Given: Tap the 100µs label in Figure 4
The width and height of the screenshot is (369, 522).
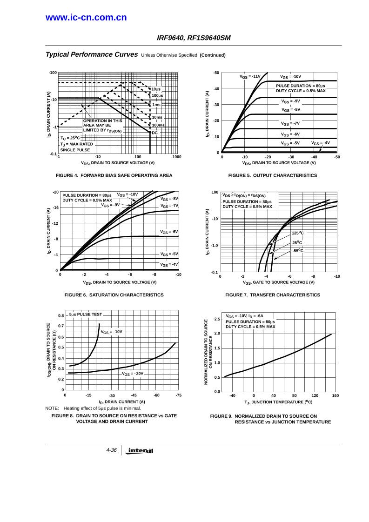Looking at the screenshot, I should (x=157, y=95).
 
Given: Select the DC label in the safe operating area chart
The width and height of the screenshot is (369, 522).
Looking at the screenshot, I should (x=155, y=133).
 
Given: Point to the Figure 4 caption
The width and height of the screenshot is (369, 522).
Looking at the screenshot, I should (x=114, y=175).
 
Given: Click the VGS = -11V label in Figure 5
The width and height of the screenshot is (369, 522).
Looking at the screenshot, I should (x=250, y=76).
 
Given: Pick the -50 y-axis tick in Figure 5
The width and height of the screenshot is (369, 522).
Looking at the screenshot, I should (x=216, y=73).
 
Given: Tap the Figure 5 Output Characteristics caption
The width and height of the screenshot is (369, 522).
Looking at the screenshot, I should (x=273, y=175).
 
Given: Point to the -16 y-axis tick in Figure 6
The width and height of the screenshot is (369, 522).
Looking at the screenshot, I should (x=55, y=207).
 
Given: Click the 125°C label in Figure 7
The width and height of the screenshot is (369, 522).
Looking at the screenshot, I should (x=298, y=233).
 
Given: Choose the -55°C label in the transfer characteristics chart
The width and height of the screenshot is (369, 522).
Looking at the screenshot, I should (x=298, y=251).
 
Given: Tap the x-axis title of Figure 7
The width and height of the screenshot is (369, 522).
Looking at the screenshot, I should (x=278, y=282).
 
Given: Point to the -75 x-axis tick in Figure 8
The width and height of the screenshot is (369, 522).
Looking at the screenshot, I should (x=178, y=395).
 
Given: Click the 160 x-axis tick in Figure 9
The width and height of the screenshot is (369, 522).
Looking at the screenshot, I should (x=335, y=395).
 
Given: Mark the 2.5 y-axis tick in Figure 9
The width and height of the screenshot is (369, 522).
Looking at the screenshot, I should (x=217, y=319).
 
